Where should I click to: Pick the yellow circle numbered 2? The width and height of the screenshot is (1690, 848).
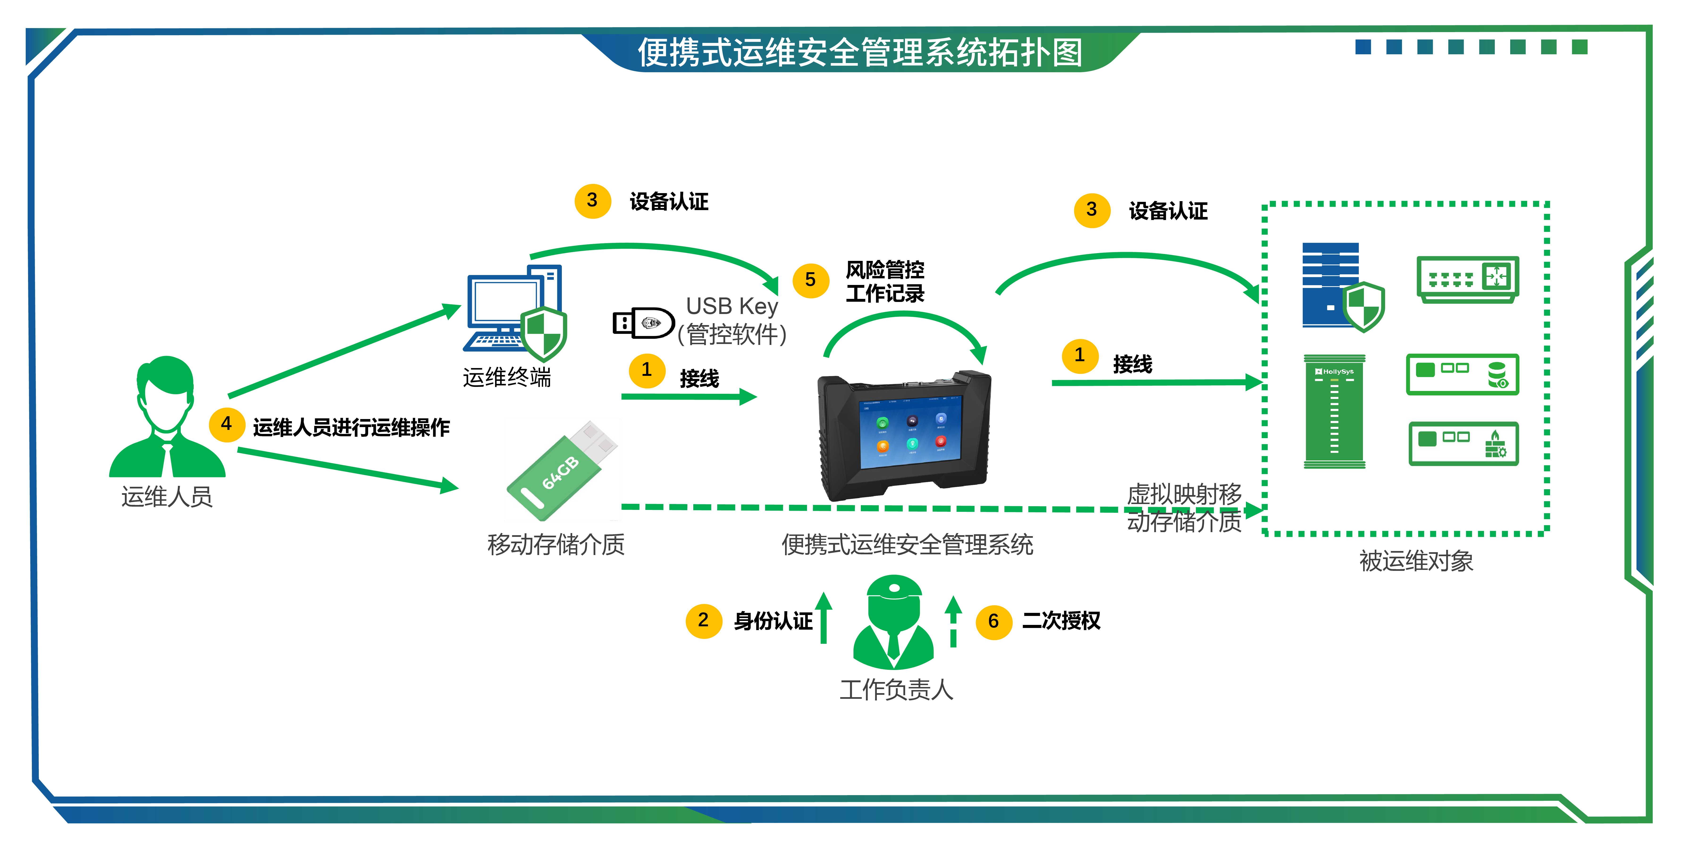tap(703, 620)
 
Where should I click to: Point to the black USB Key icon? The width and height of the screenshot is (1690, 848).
tap(643, 323)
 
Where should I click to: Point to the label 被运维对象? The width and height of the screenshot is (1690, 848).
tap(1416, 561)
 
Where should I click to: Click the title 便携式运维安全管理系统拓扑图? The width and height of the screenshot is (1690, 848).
tap(859, 52)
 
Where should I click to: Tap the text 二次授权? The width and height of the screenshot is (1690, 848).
tap(1061, 621)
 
